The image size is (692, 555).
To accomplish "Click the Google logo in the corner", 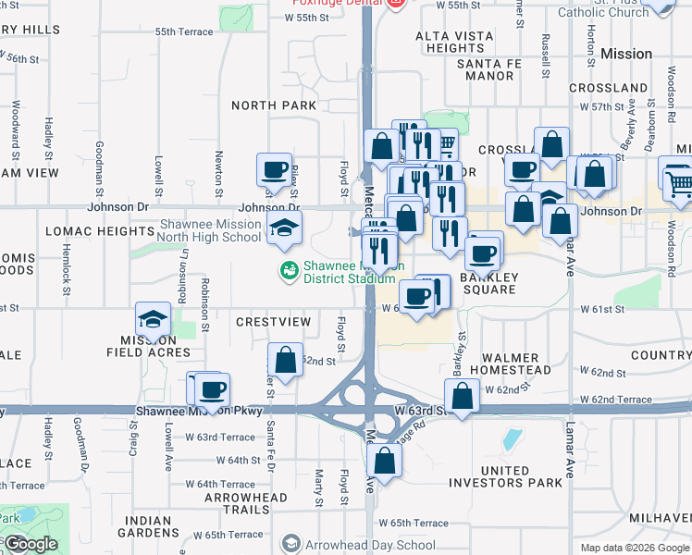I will point(30,544).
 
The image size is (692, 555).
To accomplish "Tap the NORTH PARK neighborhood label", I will point(274,106).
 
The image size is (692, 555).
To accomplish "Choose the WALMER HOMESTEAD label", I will point(510,364).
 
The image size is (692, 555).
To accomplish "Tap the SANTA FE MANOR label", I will point(499,70).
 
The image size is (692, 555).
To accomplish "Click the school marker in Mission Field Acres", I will point(153,319).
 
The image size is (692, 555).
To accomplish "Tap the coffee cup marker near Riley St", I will point(275,169).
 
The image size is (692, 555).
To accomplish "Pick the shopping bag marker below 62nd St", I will point(286,360).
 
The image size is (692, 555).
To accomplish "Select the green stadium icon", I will point(288,270).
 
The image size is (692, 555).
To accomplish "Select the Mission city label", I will point(626,54).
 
